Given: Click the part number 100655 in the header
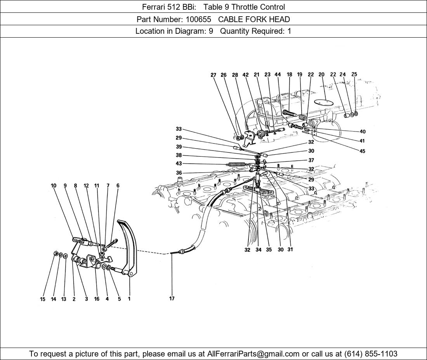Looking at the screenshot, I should (x=198, y=19).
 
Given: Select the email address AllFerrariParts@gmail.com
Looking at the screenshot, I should (x=253, y=354).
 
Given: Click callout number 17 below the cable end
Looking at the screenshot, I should (x=172, y=298).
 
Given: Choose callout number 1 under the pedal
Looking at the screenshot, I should (x=129, y=299).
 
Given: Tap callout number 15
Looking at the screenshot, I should (x=43, y=299).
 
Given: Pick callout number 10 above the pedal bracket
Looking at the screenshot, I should (x=54, y=185).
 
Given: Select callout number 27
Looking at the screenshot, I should (x=213, y=75).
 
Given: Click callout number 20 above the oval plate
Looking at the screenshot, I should (x=321, y=74).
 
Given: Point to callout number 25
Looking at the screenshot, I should (x=354, y=74).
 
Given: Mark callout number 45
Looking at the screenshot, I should (x=362, y=151).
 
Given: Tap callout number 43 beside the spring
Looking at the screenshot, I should (x=179, y=164).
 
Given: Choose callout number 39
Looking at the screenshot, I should (x=179, y=147).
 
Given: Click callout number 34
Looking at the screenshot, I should (x=259, y=250).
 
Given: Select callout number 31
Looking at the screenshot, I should (x=290, y=249).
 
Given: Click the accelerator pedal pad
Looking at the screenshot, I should (x=126, y=237).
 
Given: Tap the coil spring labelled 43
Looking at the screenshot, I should (x=236, y=164).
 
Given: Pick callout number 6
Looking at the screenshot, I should (x=118, y=185).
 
